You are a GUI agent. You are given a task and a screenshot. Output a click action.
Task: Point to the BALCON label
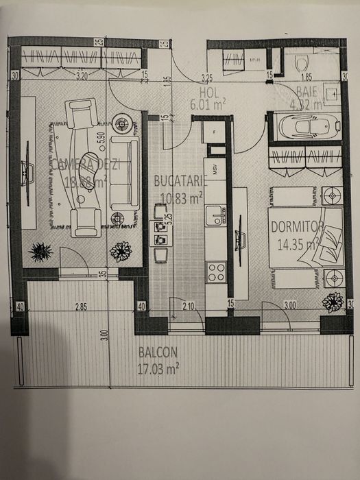(158, 353)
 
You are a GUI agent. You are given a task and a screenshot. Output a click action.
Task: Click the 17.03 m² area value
(159, 368)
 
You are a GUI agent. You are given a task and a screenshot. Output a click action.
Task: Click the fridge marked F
(215, 130)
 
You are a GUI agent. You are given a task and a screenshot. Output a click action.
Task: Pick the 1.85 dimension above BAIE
(306, 77)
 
